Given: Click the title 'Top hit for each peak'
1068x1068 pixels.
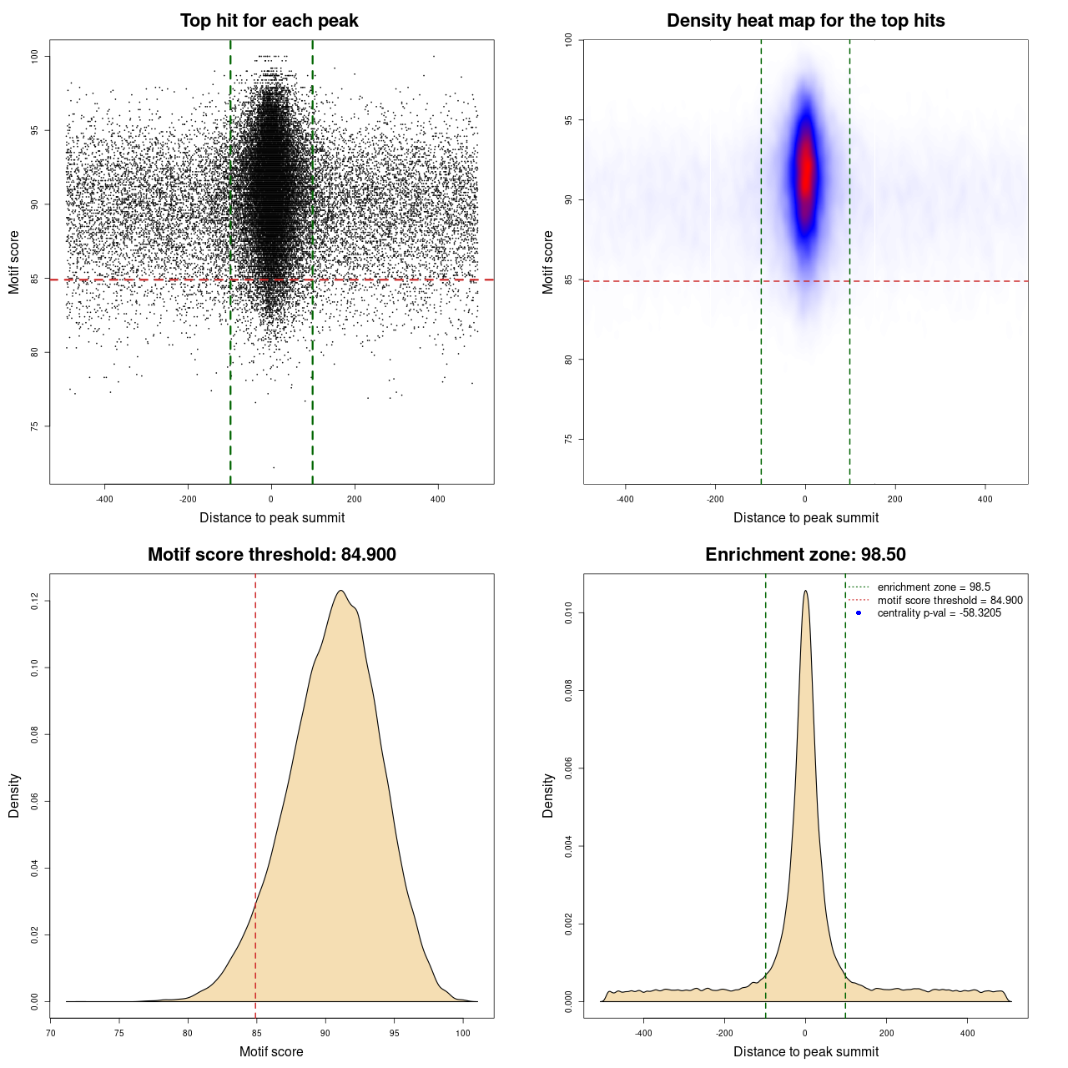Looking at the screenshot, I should [x=270, y=21].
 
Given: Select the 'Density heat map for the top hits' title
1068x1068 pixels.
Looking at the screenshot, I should [x=805, y=21].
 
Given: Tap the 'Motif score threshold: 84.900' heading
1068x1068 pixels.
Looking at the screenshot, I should [x=271, y=555].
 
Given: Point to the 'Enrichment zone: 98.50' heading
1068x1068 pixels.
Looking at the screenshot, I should [x=805, y=555].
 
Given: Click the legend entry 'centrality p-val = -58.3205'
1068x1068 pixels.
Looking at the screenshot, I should [x=939, y=613].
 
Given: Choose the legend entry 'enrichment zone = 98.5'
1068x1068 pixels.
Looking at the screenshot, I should [x=934, y=587].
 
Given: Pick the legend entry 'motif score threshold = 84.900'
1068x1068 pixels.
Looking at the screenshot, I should [x=950, y=601].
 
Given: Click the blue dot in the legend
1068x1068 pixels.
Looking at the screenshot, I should [x=859, y=613].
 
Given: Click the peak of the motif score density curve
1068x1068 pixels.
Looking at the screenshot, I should [x=340, y=591].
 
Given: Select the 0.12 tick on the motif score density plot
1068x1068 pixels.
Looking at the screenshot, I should [x=35, y=601].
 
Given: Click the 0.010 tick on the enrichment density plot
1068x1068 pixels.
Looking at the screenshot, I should [x=569, y=614].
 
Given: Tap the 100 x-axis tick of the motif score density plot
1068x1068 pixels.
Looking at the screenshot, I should [x=462, y=1033].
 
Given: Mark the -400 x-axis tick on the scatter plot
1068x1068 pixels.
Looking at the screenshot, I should [x=105, y=499].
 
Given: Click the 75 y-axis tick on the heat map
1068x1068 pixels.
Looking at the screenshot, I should [x=569, y=439].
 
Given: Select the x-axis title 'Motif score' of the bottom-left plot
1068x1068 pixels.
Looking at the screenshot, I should [x=271, y=1051].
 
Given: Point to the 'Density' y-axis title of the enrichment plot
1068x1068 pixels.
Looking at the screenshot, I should [x=548, y=795].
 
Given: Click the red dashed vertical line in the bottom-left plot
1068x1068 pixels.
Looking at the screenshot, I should [x=255, y=793].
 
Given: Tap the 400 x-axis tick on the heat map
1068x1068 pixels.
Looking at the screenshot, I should [x=985, y=499].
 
